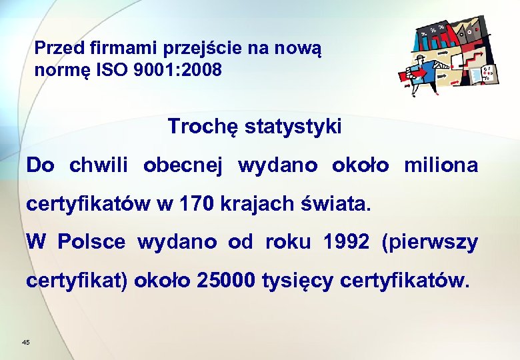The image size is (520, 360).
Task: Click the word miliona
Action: pos(441,165)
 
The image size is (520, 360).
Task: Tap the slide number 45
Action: pos(25,342)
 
